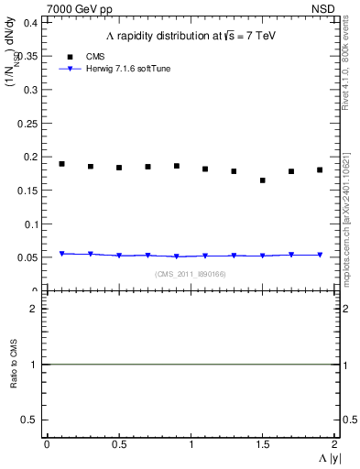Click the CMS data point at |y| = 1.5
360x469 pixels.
tap(263, 180)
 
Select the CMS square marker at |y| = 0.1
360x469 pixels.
tap(62, 164)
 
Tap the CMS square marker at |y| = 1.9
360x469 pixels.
tap(320, 169)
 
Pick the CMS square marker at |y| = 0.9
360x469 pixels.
tap(177, 166)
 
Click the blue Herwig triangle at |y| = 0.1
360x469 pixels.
tap(62, 254)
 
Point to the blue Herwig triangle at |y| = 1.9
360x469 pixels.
tap(320, 255)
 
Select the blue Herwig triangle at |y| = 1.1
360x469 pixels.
tap(205, 256)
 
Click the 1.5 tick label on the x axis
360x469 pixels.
tap(262, 443)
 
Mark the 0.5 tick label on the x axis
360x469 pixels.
tap(119, 443)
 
